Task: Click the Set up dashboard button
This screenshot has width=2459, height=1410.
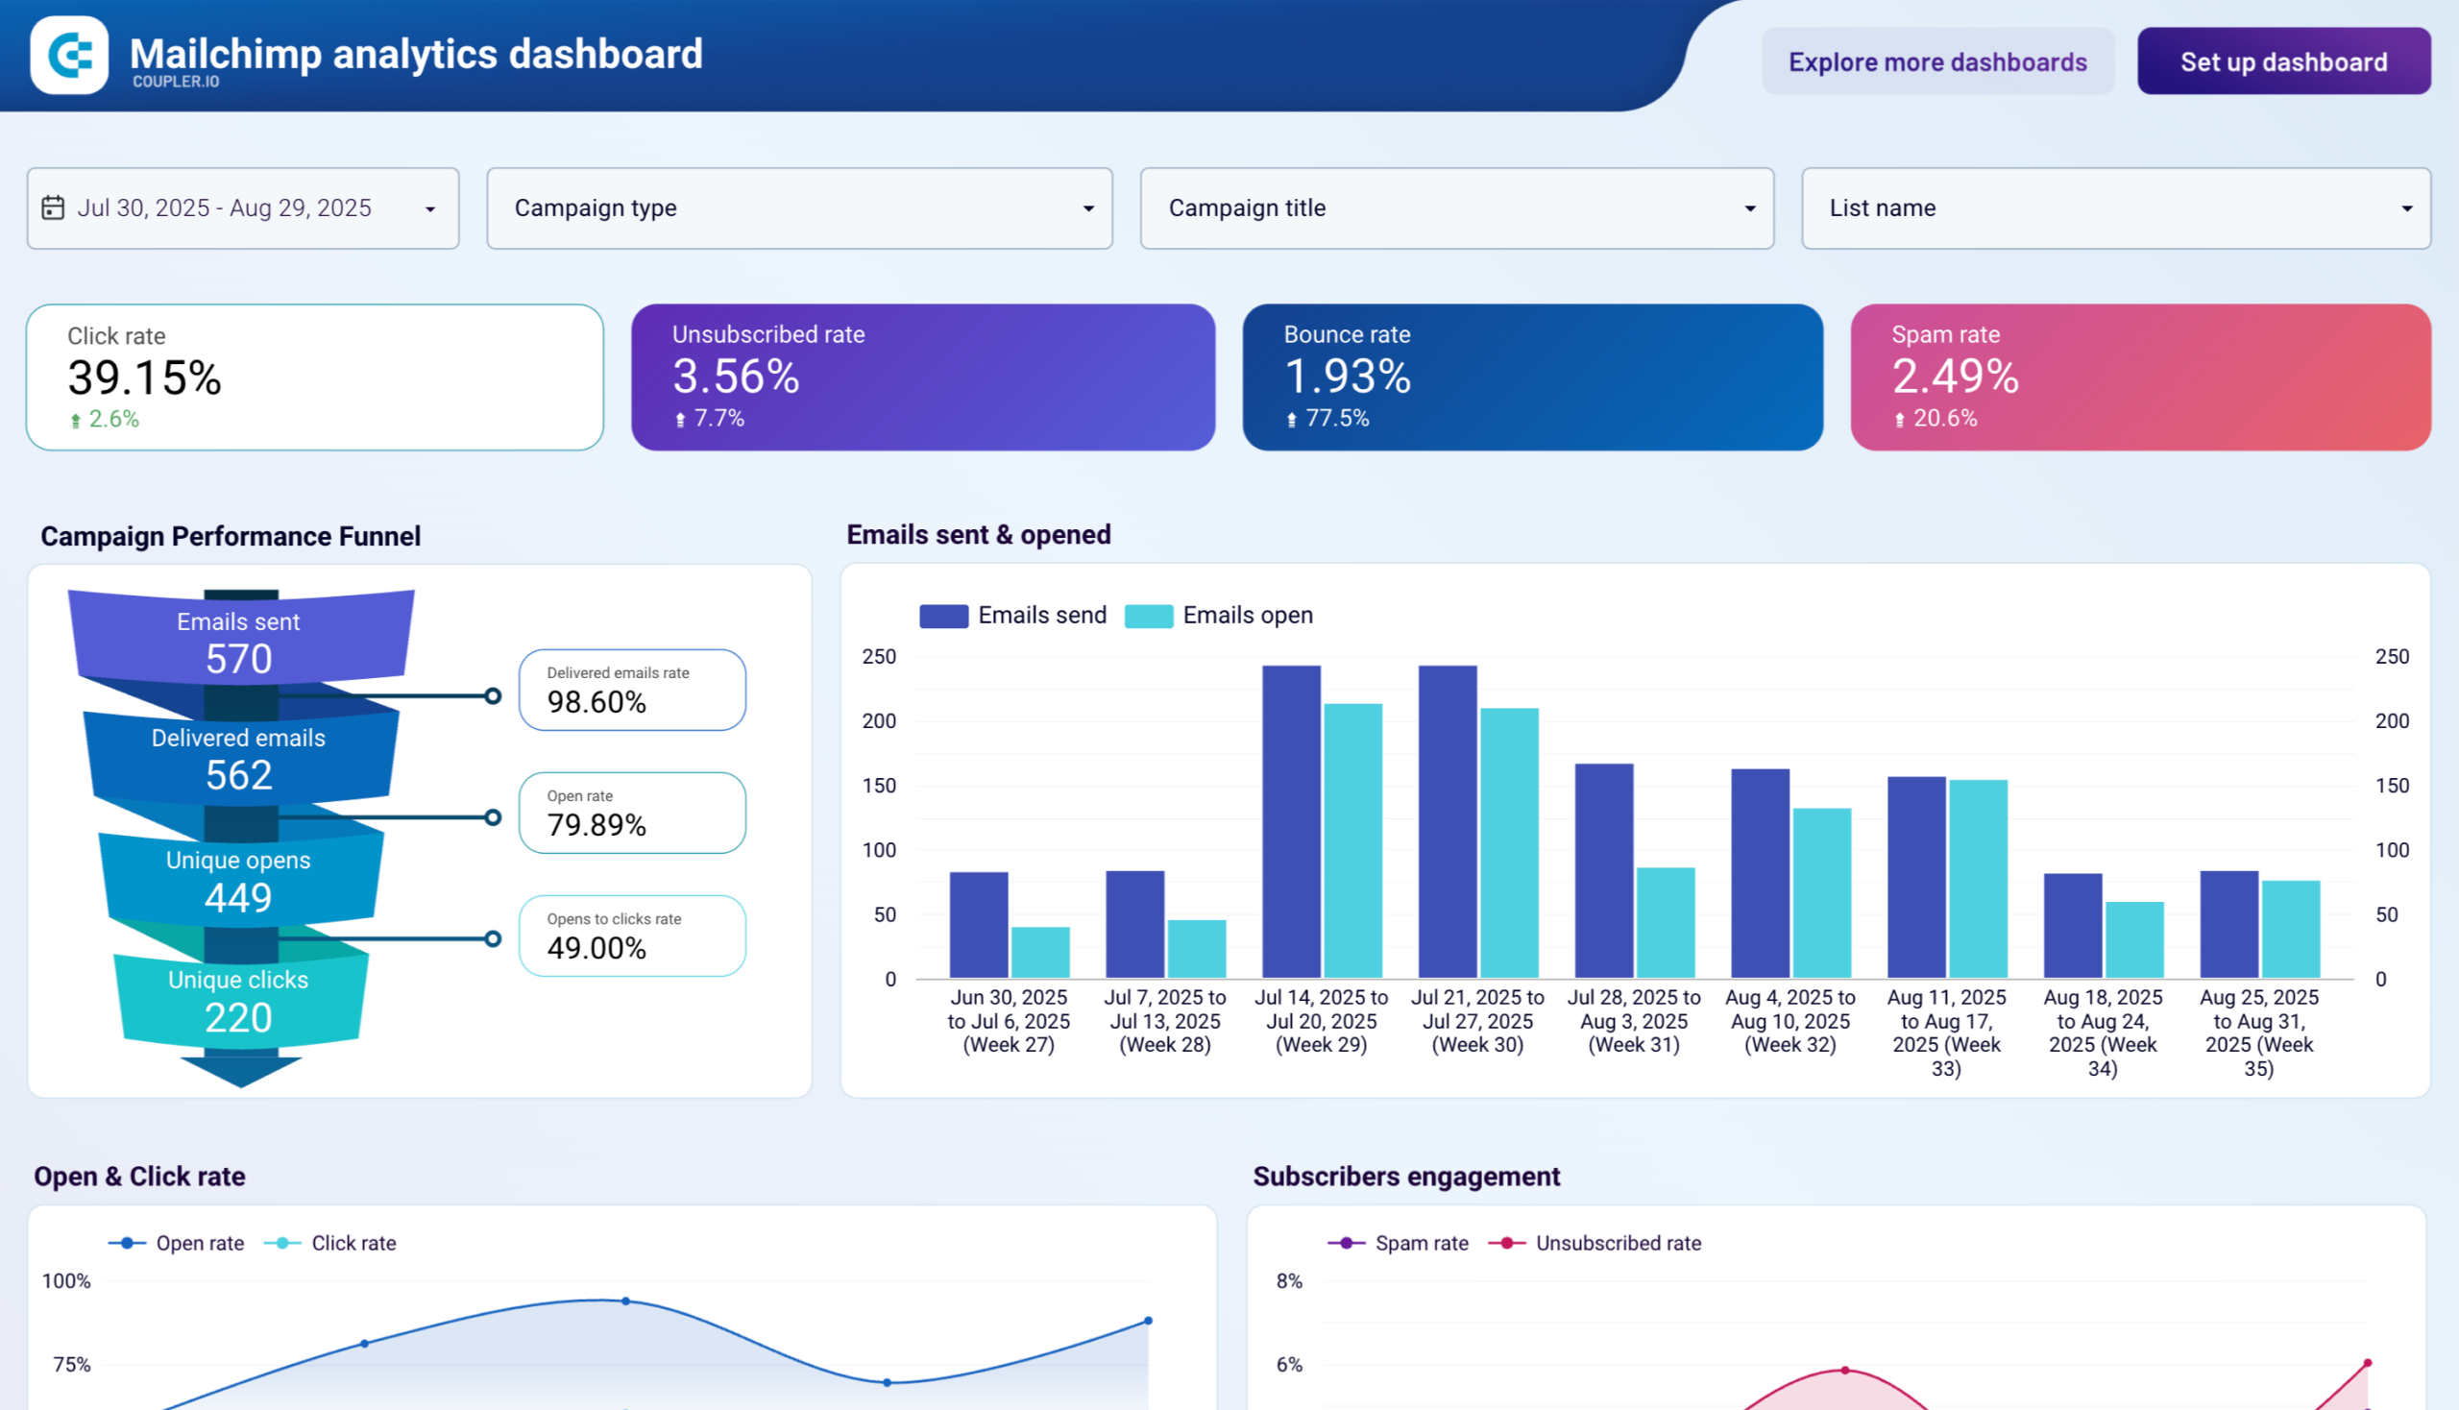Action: pos(2282,61)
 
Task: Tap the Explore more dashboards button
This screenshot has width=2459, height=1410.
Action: pos(1937,61)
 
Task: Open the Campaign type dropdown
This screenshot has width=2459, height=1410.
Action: pos(799,208)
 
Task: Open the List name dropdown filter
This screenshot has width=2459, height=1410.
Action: pos(2115,208)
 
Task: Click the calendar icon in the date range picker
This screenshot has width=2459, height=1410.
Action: pos(53,208)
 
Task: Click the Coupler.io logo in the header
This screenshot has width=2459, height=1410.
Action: pos(70,55)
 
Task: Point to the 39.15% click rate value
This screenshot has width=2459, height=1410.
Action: pos(144,377)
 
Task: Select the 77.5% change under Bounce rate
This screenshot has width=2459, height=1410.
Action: pos(1335,419)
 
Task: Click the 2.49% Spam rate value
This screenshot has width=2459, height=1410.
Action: pos(1955,377)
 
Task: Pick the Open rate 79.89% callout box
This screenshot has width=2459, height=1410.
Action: pos(631,813)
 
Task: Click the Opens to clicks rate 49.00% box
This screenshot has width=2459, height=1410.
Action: pos(631,936)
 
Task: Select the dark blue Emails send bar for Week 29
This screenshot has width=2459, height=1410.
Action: pos(1291,823)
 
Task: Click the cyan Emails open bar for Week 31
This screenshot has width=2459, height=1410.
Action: pos(1665,923)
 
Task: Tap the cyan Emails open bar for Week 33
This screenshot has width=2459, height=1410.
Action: pos(1978,878)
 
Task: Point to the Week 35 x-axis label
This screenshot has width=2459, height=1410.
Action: pos(2257,1033)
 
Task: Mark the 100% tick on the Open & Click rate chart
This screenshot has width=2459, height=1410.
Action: pos(66,1281)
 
